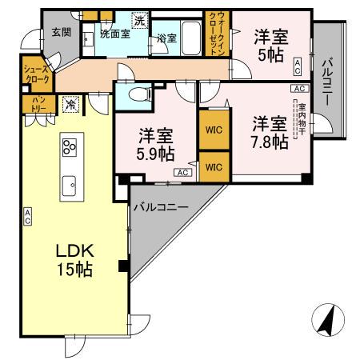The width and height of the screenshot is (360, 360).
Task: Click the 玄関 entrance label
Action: pos(61,32)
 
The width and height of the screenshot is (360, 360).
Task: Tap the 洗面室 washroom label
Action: pos(114,34)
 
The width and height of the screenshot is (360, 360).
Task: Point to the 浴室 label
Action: pos(167,38)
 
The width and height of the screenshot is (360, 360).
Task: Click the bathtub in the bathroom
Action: pos(190,36)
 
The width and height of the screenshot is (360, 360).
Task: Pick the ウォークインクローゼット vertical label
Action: pos(216,34)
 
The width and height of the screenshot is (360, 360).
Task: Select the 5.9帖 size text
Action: pos(155,152)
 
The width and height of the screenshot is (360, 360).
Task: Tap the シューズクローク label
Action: pos(38,74)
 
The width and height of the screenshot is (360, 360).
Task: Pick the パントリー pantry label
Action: pos(38,103)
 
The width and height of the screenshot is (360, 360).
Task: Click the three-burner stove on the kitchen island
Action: pos(69,146)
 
